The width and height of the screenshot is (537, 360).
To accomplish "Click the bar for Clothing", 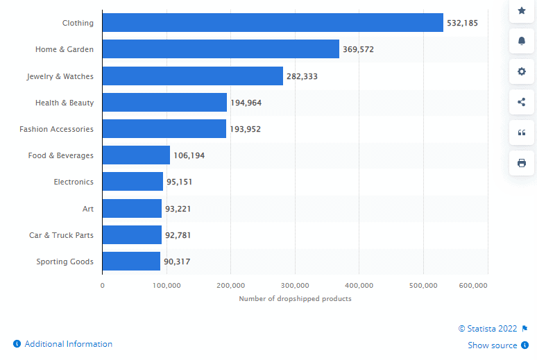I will point(273,23).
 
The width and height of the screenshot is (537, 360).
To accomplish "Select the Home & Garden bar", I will point(221,49).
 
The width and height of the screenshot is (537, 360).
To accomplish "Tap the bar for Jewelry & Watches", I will point(193,76).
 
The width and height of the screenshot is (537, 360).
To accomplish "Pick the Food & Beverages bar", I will point(136,155).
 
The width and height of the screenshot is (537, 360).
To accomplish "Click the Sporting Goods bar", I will point(131,262).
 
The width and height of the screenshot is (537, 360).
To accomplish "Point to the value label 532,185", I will point(462,23).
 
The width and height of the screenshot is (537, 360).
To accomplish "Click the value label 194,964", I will point(246,103).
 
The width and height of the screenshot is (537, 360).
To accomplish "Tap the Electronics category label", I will point(74,182).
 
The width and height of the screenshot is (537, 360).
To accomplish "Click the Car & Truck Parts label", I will point(61,235).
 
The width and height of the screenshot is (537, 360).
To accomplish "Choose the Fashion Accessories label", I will point(56,129).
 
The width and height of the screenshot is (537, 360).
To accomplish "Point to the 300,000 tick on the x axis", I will point(295,285).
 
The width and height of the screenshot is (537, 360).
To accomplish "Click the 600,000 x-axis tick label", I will point(473,285).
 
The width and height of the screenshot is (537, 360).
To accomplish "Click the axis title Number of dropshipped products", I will point(295,298).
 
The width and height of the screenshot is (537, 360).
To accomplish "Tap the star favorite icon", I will point(522,10).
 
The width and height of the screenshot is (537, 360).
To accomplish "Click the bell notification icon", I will point(522,41).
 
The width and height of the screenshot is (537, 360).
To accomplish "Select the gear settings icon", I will point(522,71).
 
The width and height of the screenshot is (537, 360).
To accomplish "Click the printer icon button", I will point(522,163).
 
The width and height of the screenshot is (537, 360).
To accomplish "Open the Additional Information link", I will point(68,344).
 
